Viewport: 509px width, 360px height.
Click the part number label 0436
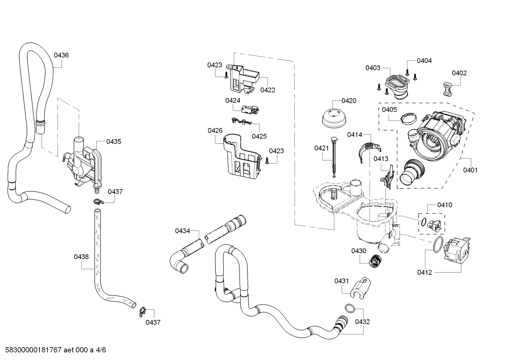pos(61,55)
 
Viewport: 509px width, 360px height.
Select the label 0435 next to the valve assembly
pos(114,142)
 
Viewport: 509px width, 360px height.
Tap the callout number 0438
pos(81,257)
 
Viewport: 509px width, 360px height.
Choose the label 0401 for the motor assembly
pos(471,170)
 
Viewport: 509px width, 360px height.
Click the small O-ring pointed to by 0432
pos(350,308)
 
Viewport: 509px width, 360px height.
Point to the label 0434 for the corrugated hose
pos(182,231)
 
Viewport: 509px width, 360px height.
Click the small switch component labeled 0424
pos(250,110)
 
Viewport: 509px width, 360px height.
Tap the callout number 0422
pos(268,90)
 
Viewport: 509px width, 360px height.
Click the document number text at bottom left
pos(56,350)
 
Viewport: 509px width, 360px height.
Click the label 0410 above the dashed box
pos(445,205)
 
